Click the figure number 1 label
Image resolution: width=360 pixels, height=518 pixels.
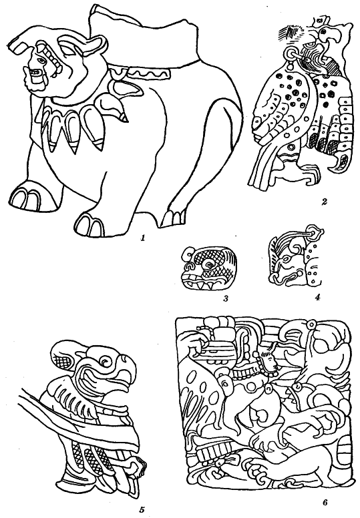(143, 237)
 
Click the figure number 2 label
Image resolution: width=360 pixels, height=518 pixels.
(325, 201)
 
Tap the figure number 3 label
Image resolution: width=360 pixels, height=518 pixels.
(226, 299)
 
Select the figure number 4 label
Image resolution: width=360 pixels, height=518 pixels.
(317, 297)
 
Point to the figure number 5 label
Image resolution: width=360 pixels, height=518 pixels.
(142, 510)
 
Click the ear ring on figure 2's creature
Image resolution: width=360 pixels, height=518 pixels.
(290, 53)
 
